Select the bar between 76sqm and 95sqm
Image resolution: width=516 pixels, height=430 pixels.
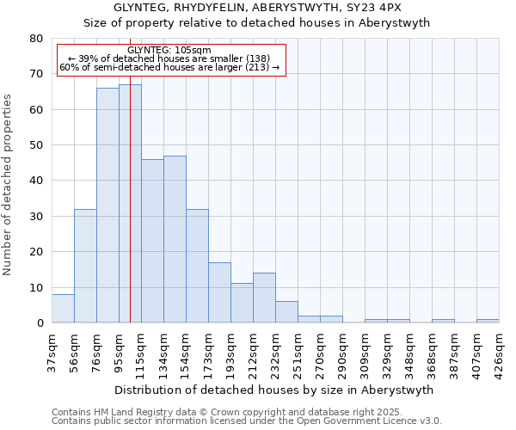pyautogui.click(x=107, y=206)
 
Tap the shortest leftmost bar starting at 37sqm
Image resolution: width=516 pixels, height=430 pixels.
pyautogui.click(x=63, y=309)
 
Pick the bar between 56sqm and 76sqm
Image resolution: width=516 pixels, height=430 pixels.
pyautogui.click(x=85, y=266)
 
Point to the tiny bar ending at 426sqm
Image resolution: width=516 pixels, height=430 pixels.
pyautogui.click(x=488, y=321)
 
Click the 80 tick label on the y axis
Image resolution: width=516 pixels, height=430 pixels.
pyautogui.click(x=35, y=39)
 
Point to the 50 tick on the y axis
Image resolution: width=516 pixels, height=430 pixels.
pyautogui.click(x=35, y=145)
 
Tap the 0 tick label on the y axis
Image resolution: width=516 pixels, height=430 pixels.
pyautogui.click(x=39, y=323)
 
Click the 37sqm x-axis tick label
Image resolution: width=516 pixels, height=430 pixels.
pyautogui.click(x=52, y=350)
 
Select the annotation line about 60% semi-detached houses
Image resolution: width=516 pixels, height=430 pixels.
pyautogui.click(x=169, y=67)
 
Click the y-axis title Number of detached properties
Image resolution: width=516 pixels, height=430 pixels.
pyautogui.click(x=9, y=197)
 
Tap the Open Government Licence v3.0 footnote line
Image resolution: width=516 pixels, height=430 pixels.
pyautogui.click(x=247, y=421)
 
